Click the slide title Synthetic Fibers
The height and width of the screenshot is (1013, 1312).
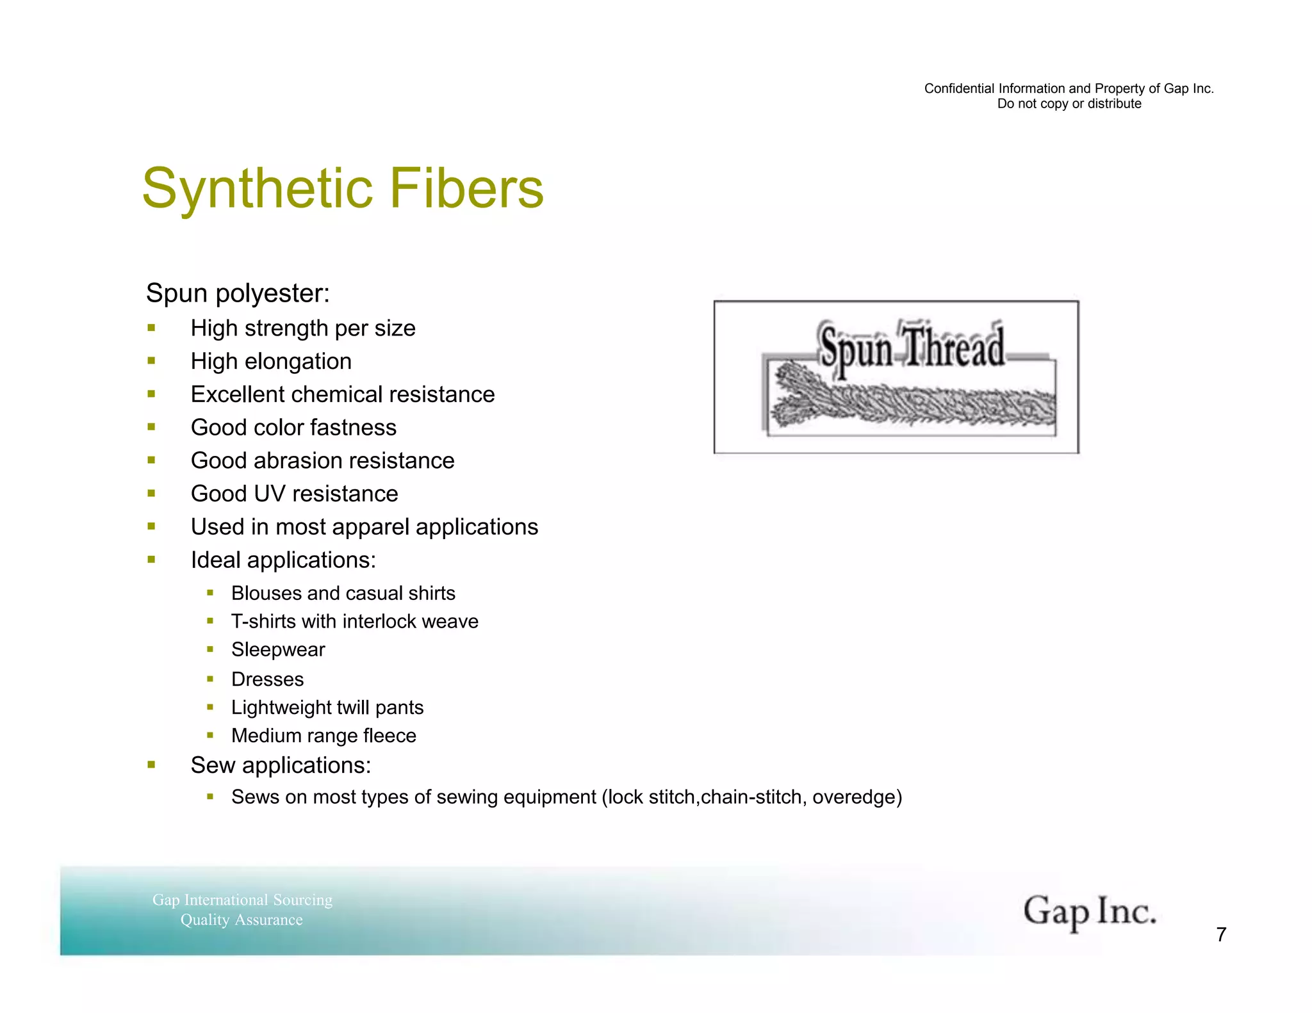(x=343, y=188)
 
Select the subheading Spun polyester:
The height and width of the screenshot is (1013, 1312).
(x=238, y=293)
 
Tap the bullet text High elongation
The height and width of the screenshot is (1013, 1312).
(x=271, y=362)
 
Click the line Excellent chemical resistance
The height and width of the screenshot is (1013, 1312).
(x=343, y=394)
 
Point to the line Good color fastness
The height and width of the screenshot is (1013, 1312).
(x=293, y=428)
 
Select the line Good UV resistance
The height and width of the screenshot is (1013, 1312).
(x=294, y=494)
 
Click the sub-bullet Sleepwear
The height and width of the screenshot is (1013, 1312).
(x=278, y=650)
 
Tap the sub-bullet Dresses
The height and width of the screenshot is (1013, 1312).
(x=267, y=679)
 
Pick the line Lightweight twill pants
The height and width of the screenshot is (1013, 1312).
(x=327, y=708)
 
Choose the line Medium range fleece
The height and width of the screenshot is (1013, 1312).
(x=324, y=736)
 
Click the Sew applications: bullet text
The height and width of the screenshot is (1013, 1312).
(x=281, y=766)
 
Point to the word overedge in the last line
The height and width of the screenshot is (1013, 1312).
(x=854, y=797)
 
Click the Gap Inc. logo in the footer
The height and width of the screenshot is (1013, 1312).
(x=1089, y=912)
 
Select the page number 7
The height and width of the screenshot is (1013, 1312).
(x=1221, y=935)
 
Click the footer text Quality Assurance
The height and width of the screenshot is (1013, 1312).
(x=242, y=920)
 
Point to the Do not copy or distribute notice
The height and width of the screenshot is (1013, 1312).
(x=1069, y=104)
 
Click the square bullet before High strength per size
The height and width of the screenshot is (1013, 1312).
(x=152, y=328)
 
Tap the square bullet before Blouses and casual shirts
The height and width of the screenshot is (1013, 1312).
(x=210, y=593)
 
